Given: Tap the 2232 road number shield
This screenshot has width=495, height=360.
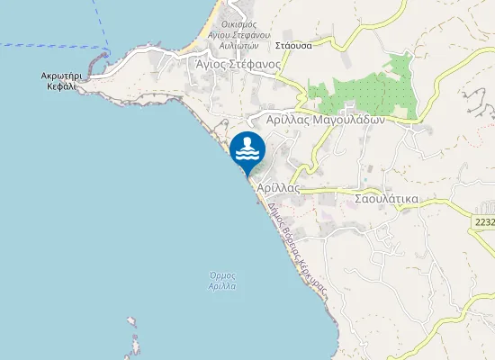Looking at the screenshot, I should [x=484, y=221].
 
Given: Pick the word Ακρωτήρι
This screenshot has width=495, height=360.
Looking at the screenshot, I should [x=62, y=77].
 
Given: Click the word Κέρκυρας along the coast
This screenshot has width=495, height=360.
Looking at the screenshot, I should [x=314, y=280].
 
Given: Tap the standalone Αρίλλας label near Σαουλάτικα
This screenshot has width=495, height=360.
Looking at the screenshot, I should [x=277, y=187].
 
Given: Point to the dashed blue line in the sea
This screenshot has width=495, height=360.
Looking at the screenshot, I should [x=54, y=43].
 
